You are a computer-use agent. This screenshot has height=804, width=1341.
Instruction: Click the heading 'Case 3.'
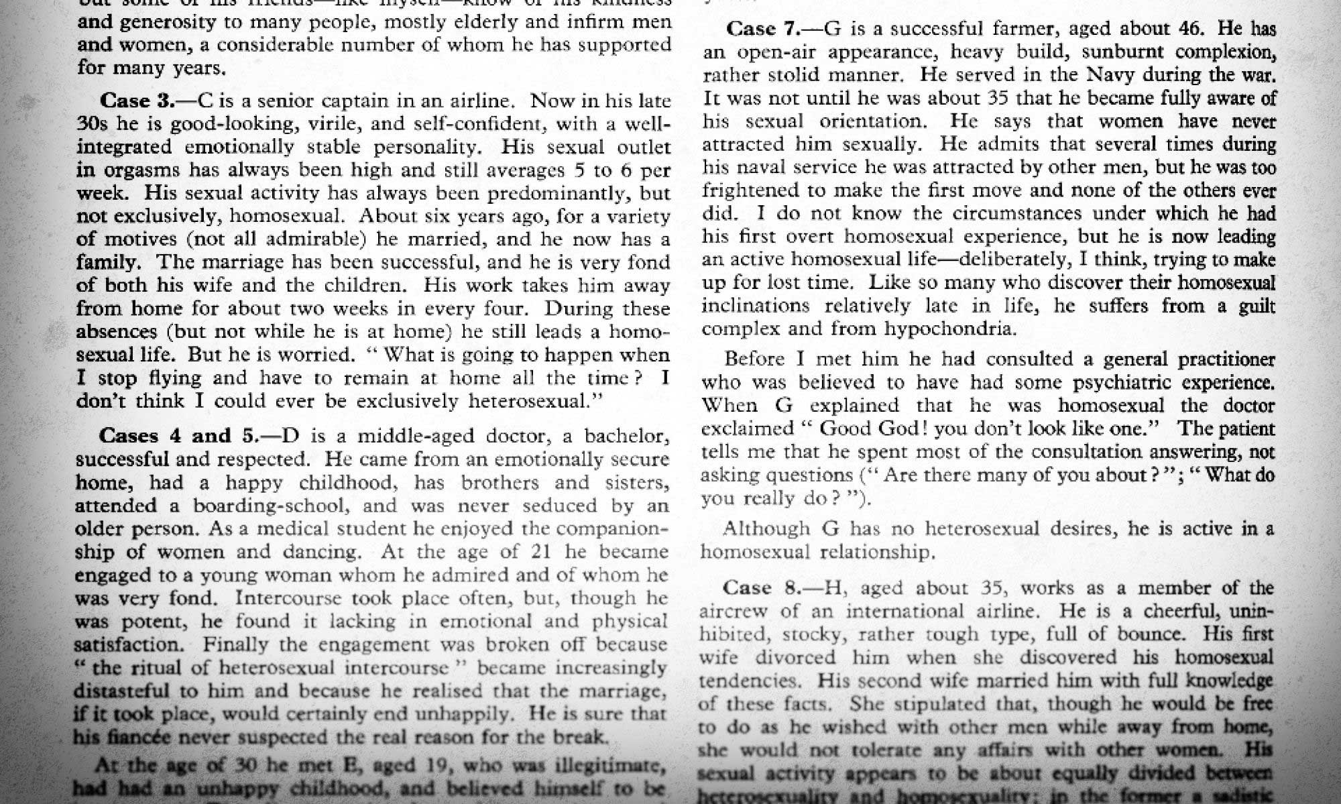click(x=137, y=101)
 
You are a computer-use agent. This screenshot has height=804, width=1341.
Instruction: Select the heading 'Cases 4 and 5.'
click(x=178, y=436)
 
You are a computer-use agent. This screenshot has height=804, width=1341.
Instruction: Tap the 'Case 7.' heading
click(x=764, y=29)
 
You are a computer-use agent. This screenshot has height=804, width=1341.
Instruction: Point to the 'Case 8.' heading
click(x=761, y=588)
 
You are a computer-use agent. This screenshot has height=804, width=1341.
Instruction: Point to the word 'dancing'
click(x=322, y=552)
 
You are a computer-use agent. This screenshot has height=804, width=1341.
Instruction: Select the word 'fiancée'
click(x=139, y=737)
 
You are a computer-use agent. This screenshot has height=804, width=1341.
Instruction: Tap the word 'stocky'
click(x=817, y=634)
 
